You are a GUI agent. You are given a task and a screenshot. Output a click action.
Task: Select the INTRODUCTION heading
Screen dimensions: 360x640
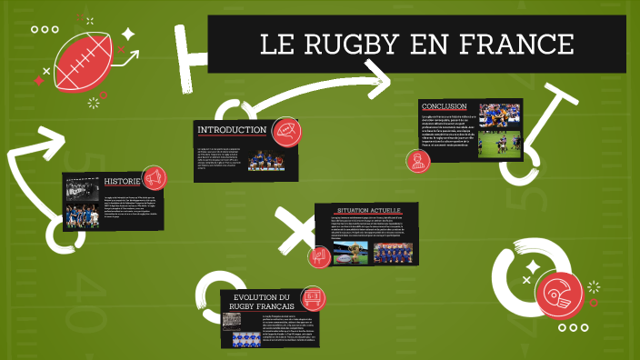pyautogui.click(x=232, y=130)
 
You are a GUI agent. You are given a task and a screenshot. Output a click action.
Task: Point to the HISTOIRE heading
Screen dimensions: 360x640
pyautogui.click(x=122, y=180)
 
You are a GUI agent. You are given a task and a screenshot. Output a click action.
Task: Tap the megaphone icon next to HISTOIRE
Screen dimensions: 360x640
pyautogui.click(x=155, y=176)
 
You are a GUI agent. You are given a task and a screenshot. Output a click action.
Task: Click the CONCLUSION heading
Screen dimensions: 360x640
pyautogui.click(x=445, y=106)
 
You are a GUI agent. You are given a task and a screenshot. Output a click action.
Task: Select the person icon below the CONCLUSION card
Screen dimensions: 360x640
pyautogui.click(x=418, y=162)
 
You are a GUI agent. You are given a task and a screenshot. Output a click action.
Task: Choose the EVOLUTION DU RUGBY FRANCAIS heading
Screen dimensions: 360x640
pyautogui.click(x=260, y=302)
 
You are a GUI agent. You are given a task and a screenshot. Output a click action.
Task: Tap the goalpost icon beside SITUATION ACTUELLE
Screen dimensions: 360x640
pyautogui.click(x=318, y=256)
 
